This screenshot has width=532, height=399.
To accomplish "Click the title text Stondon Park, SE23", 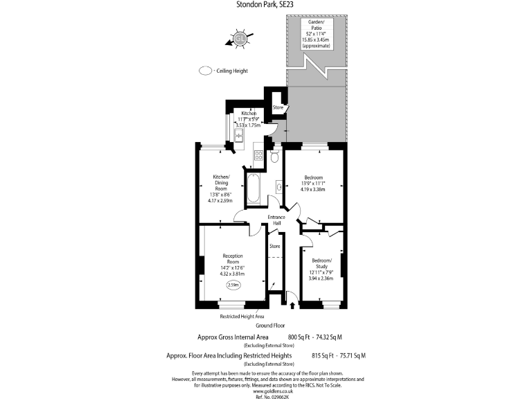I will [x=266, y=6].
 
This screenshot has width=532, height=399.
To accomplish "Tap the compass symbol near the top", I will [x=240, y=38].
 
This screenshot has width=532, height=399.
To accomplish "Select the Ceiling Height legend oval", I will [x=206, y=71].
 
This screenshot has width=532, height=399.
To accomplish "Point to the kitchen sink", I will [x=238, y=135].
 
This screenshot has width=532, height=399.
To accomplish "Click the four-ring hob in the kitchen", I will [x=258, y=156].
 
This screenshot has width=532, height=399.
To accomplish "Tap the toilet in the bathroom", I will [x=275, y=157].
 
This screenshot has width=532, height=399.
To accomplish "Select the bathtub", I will [x=253, y=188].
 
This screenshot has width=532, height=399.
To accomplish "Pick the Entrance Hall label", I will [x=277, y=220].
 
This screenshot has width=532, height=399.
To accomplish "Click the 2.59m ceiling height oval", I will [x=233, y=285].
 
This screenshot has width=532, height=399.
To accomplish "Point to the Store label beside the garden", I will [x=278, y=107].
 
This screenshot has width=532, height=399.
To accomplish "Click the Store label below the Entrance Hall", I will [x=274, y=246].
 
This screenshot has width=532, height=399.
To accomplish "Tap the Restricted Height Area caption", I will [x=242, y=316].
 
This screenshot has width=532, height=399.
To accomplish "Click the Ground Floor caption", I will [x=271, y=324].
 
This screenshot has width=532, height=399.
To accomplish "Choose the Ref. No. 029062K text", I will [x=267, y=396].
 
